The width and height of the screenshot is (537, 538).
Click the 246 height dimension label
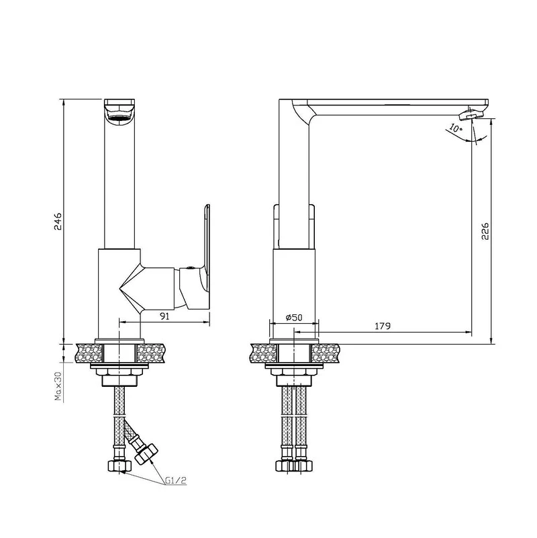58,221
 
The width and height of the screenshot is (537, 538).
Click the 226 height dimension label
485,231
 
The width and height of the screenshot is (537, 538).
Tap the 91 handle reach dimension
165,316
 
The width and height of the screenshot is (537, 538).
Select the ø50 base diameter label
294,318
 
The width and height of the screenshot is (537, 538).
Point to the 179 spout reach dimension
383,326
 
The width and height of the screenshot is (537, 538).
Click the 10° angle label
456,128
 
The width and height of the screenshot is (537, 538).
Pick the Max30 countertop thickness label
58,386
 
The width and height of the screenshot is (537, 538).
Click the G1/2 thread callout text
176,480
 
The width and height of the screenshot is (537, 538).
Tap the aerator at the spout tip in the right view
471,114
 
